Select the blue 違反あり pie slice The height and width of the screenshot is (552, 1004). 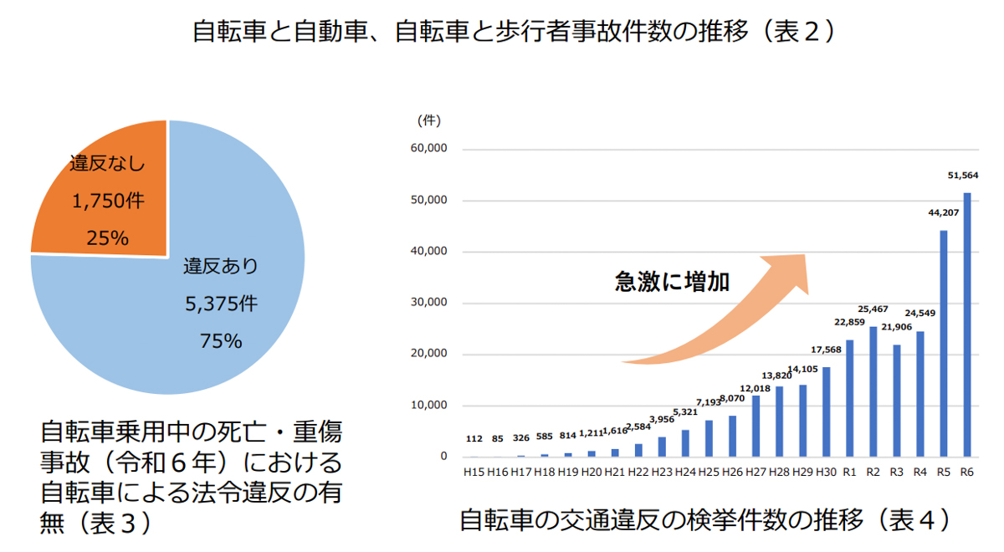[209, 318]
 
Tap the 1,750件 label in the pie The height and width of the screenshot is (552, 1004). [107, 201]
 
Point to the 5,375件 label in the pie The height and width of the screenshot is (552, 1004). [221, 304]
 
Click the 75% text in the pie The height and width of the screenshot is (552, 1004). [221, 340]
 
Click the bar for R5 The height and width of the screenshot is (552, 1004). [944, 343]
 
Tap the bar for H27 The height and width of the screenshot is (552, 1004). [756, 426]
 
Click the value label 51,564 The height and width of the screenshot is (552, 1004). [963, 175]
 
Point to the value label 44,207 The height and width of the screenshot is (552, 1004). [944, 212]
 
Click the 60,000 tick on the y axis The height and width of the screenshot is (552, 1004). [432, 149]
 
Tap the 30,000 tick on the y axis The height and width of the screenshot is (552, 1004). [432, 303]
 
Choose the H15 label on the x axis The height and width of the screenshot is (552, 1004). [474, 473]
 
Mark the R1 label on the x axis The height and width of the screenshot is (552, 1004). [850, 473]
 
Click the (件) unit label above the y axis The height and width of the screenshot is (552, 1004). [428, 120]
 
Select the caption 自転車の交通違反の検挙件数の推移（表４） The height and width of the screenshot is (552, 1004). [705, 520]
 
